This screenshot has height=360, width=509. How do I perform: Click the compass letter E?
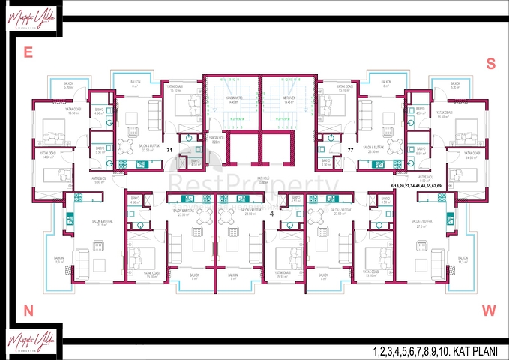(x=28, y=52)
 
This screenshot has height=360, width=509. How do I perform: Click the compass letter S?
(x=490, y=64)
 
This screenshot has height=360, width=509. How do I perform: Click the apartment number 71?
(x=169, y=151)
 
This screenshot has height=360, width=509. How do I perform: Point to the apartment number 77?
(x=350, y=151)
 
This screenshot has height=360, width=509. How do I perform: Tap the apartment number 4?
(x=271, y=213)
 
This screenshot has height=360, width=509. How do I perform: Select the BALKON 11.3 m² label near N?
(x=58, y=260)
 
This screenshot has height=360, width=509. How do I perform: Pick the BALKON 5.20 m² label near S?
(x=454, y=86)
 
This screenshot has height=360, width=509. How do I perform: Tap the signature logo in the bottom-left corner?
(x=28, y=341)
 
